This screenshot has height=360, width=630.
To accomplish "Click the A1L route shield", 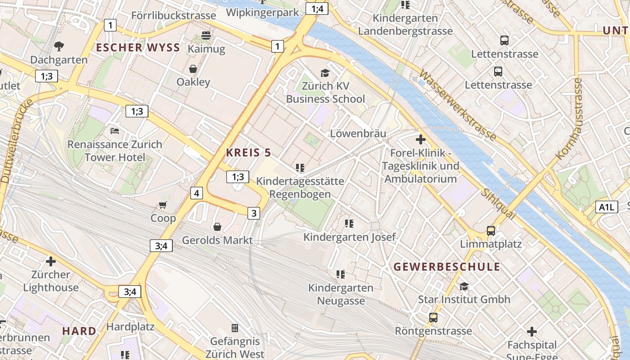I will tap(606, 207).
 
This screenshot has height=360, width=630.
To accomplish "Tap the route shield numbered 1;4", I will tap(317, 9).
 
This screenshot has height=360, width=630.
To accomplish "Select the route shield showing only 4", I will tap(197, 193).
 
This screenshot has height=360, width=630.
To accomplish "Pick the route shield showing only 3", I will tap(254, 213).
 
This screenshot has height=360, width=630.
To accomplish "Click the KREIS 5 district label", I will tap(248, 153).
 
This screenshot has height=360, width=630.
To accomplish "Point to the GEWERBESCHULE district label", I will tap(447, 267).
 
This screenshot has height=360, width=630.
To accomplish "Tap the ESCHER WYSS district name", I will tap(138, 48).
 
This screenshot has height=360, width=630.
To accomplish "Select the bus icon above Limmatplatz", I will tap(491, 231).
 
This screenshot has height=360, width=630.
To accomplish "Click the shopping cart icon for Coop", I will tap(162, 205).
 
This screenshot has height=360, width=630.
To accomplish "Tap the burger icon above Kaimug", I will tap(206, 36).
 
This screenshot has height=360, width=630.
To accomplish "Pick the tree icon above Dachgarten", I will tap(58, 46).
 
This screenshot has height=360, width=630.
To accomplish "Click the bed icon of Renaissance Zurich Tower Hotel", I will tap(115, 131).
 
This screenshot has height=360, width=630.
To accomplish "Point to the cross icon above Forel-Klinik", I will tap(421, 139).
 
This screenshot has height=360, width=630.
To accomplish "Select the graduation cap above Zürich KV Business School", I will tap(325, 73).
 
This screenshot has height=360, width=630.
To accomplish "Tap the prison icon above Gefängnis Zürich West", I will tap(234, 328).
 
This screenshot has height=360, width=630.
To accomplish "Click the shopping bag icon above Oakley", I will tap(193, 69).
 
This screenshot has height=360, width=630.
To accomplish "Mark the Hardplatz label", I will tap(130, 327).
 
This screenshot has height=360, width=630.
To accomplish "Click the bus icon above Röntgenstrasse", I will tap(433, 318).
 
